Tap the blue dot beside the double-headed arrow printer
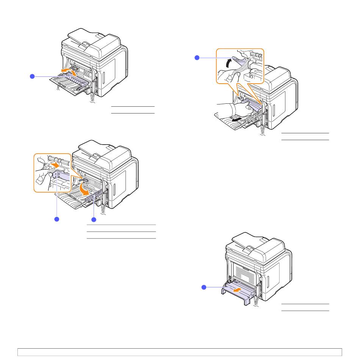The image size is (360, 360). pos(32,76)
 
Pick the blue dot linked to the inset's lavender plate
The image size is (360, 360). pos(57,219)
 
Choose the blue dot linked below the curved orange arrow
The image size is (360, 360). pos(93,219)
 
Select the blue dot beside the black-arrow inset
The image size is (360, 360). pos(197,57)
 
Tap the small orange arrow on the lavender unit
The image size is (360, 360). pos(237,290)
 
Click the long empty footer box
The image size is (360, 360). pos(180,352)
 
